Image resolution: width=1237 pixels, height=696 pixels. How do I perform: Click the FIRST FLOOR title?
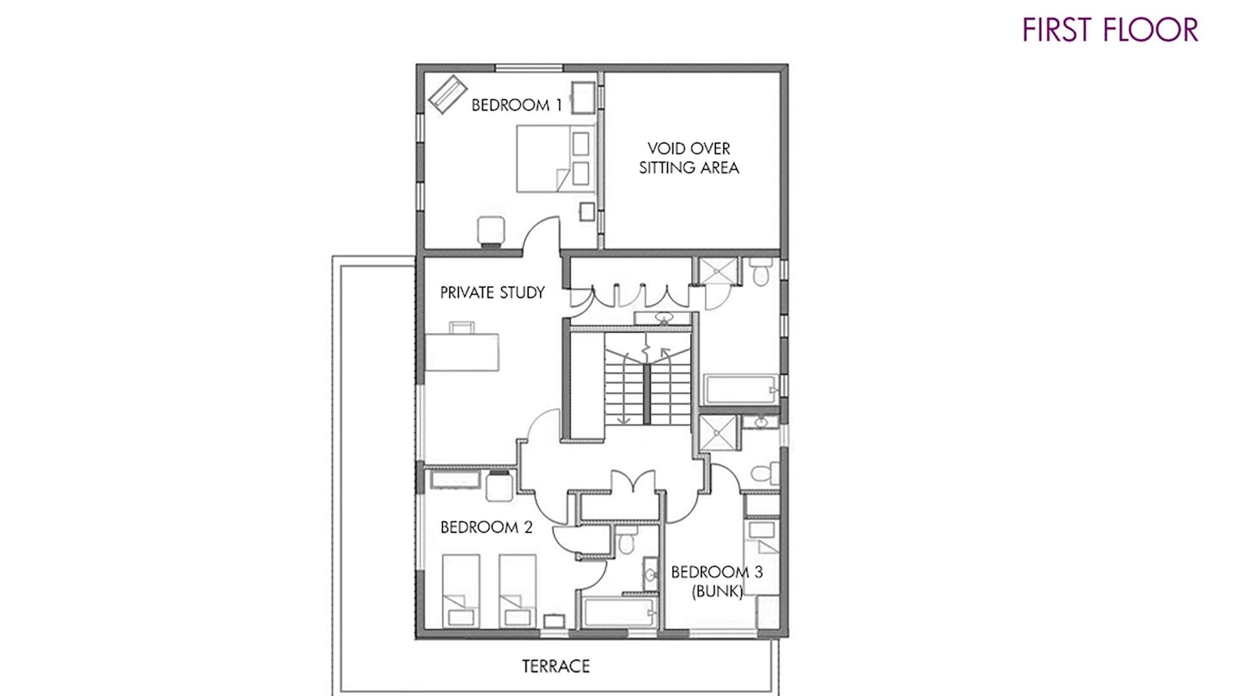tap(1110, 30)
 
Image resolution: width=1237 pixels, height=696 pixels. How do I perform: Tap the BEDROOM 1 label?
tap(517, 104)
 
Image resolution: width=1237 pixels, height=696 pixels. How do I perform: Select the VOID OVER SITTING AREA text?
tap(689, 158)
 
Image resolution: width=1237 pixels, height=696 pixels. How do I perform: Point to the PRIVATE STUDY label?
tap(492, 293)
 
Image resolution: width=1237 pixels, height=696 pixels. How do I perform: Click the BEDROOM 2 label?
tap(486, 527)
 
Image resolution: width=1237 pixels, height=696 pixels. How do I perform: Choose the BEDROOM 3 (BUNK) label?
tap(717, 581)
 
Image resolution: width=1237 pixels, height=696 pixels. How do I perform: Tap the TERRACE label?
tap(556, 666)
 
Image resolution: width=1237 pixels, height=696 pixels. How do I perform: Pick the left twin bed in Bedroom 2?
tap(461, 590)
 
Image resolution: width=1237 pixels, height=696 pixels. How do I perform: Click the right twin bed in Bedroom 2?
tap(517, 590)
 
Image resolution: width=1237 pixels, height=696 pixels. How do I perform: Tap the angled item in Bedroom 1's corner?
tap(448, 94)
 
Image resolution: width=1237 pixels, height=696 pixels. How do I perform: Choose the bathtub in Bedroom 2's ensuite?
tap(620, 611)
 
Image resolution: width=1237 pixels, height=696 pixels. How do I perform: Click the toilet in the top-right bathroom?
tap(761, 272)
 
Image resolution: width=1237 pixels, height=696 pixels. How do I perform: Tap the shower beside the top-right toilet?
tap(718, 271)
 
